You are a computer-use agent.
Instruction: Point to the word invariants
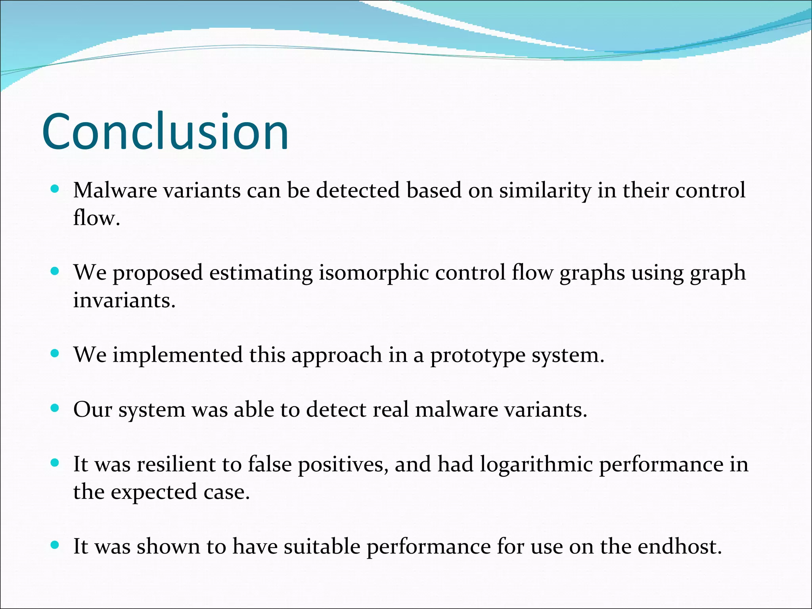pos(124,300)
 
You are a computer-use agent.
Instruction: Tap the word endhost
pos(680,547)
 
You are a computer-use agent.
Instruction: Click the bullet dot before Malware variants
pos(55,189)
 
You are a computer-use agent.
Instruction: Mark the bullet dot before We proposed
pos(55,272)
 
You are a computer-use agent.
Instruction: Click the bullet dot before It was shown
pos(55,545)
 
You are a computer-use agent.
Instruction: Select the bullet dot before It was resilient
pos(55,463)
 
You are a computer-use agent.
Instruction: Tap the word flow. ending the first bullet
pos(96,218)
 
